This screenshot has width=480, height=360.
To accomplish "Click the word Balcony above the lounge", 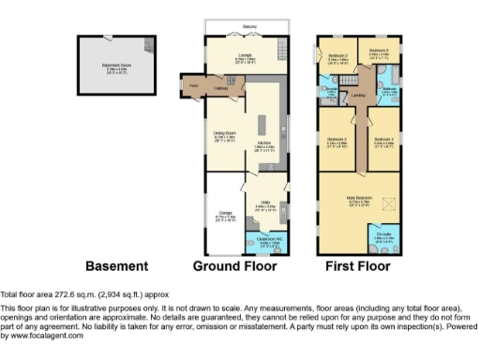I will (247, 26).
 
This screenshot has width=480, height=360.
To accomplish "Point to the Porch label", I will (193, 85).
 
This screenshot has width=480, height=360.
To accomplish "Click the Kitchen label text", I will (263, 143).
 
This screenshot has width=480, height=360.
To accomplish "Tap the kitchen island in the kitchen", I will (267, 127).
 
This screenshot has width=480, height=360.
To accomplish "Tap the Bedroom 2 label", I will (338, 55).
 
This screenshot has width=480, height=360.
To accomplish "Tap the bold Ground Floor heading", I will (234, 266).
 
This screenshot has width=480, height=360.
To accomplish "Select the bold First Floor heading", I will (357, 266).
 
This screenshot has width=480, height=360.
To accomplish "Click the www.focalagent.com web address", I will (41, 336).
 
